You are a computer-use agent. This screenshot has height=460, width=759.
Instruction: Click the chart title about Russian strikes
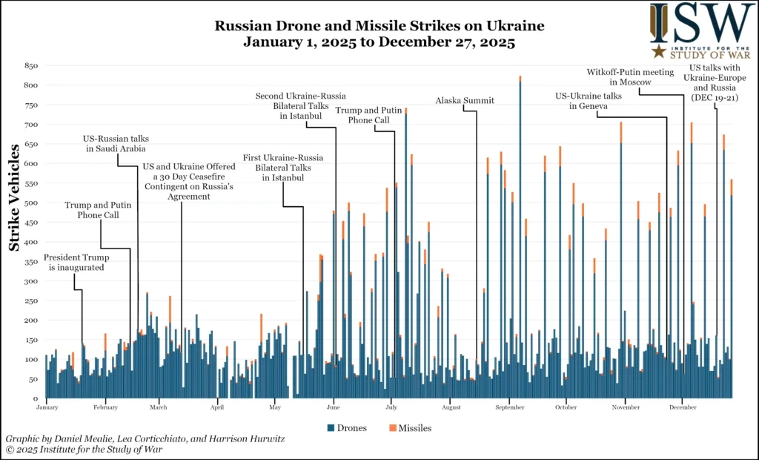(379, 34)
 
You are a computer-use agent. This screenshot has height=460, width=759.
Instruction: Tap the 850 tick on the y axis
(30, 66)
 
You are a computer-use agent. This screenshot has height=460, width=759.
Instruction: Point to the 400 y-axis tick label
(30, 242)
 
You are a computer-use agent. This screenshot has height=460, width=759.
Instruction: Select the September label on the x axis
(510, 407)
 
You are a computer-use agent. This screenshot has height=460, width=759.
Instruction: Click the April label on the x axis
(217, 407)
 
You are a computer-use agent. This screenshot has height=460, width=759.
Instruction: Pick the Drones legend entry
(346, 428)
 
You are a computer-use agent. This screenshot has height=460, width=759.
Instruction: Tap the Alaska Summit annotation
(465, 101)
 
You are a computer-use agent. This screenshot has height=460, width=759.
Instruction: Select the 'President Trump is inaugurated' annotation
(76, 263)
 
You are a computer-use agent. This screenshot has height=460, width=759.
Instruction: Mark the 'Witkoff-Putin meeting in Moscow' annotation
(630, 77)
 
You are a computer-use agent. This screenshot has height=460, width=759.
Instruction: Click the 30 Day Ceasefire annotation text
(189, 182)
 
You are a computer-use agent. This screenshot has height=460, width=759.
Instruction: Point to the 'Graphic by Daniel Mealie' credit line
(145, 438)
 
